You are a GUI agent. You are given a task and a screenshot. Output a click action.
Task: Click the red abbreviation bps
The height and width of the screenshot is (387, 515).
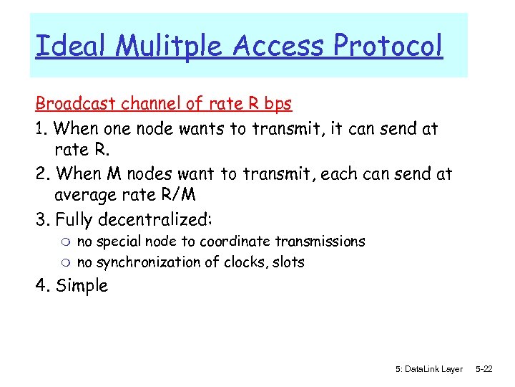278,105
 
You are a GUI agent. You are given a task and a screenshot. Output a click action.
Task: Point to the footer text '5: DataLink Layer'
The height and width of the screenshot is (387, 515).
428,369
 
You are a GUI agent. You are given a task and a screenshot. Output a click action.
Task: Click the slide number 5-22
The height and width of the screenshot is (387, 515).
484,369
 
